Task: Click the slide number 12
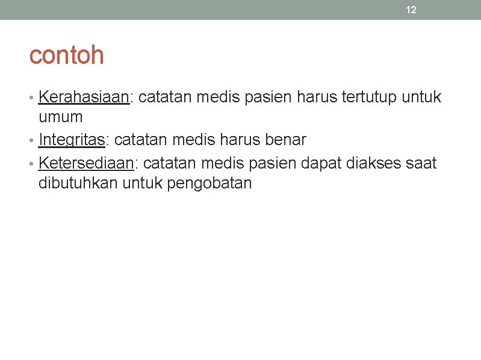[411, 10]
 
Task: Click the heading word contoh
[66, 55]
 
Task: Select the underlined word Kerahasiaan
[84, 97]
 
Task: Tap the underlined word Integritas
[72, 140]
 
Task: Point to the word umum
[60, 117]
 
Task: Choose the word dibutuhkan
[78, 183]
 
